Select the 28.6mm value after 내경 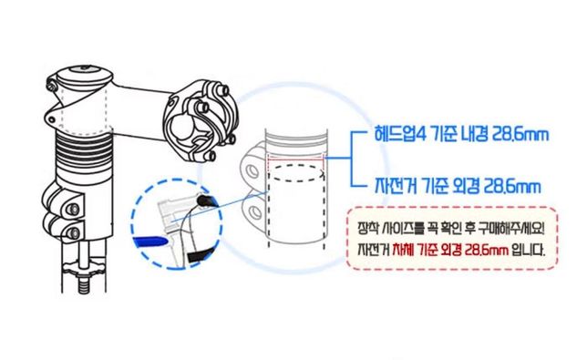pos(518,134)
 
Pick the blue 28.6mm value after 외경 pos(511,186)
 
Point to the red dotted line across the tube pos(295,159)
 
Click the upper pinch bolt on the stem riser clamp pos(73,209)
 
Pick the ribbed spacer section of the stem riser pos(84,151)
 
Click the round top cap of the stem pos(85,73)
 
